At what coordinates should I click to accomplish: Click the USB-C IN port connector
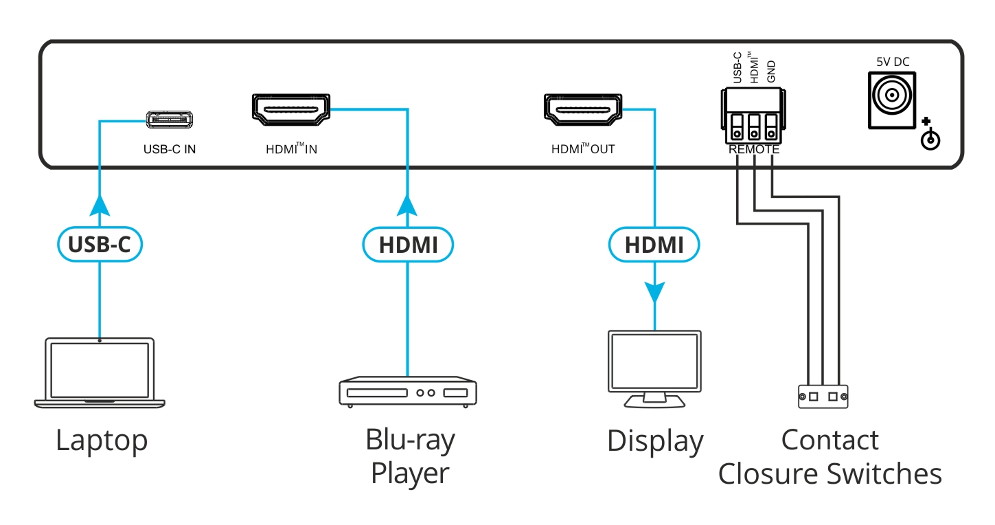tap(169, 120)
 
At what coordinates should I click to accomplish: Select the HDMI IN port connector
tap(290, 111)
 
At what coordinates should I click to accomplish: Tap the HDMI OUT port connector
tap(582, 111)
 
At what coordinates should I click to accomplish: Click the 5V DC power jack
tap(892, 99)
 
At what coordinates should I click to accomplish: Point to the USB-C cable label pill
tap(100, 245)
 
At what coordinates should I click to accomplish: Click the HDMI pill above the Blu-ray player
tap(408, 245)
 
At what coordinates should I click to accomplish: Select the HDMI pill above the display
tap(654, 245)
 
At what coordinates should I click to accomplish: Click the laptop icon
tap(100, 372)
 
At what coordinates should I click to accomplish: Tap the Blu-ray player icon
tap(408, 392)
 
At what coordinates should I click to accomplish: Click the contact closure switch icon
tap(823, 396)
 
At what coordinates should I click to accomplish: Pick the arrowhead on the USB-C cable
tap(100, 204)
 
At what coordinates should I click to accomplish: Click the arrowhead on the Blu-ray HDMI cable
tap(408, 204)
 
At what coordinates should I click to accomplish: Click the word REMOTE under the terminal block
tap(753, 149)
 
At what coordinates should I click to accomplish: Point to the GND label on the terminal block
tap(771, 71)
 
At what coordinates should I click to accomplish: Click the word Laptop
tap(102, 440)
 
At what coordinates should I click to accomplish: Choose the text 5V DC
tap(892, 62)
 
